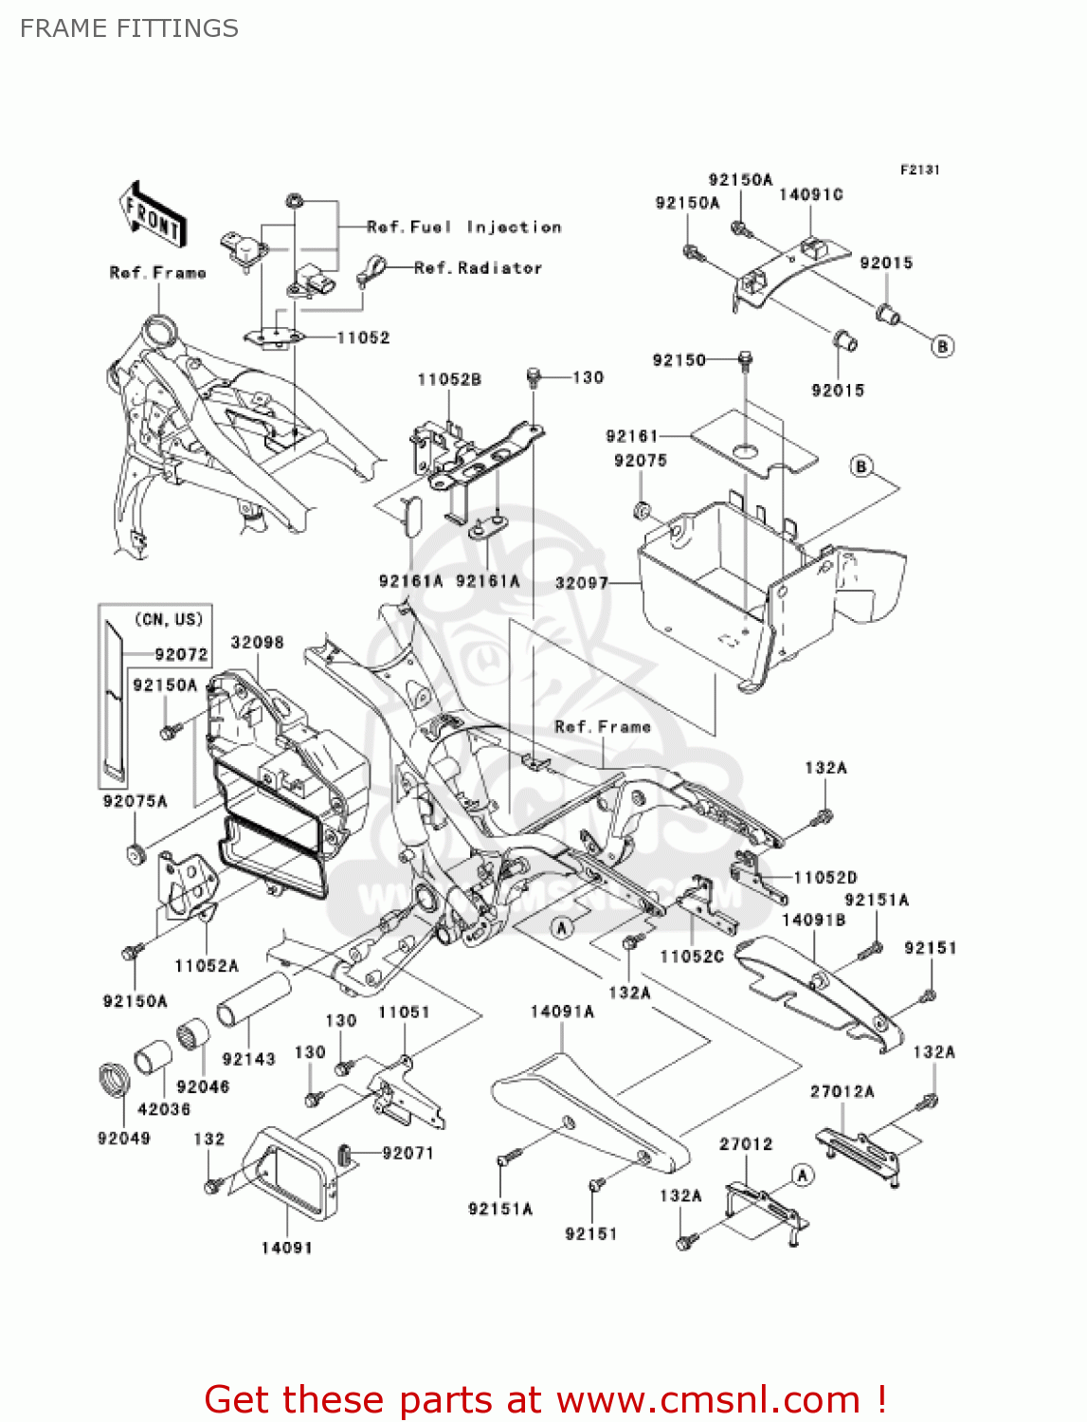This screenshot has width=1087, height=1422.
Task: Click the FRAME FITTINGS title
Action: coord(129,28)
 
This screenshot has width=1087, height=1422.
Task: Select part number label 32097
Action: coord(581,582)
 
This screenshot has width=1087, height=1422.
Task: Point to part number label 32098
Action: coord(257,642)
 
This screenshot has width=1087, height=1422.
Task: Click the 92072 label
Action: coord(181,654)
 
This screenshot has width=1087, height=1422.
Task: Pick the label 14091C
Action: coord(810,194)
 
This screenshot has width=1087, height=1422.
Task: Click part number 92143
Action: coord(248,1059)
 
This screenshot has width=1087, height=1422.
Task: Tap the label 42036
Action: coord(164,1108)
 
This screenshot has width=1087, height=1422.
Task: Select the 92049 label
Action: coord(124,1138)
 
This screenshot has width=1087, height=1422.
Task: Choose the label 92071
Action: coord(408,1153)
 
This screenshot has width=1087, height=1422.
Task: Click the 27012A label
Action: coord(842,1091)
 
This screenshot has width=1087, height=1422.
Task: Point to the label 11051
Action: coord(404,1012)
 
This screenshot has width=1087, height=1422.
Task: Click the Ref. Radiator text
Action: coord(478,268)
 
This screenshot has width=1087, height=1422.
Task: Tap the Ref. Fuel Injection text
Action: coord(463,228)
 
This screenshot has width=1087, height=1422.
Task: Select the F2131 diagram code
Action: coord(919,170)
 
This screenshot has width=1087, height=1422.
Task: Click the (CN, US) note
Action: coord(169,619)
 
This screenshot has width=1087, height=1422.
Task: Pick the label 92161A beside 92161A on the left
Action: coord(410,581)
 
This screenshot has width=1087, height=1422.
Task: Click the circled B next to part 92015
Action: coord(942,346)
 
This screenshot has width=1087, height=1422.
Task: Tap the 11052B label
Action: coord(449,379)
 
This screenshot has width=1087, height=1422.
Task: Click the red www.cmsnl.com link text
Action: coord(708,1399)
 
